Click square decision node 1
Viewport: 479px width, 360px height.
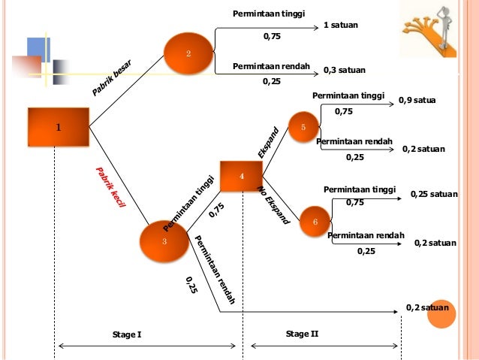(x=58, y=127)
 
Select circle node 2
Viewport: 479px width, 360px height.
(x=188, y=53)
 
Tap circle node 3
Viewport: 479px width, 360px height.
(x=164, y=241)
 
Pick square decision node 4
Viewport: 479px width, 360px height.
(x=241, y=176)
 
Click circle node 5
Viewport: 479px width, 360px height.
(x=303, y=128)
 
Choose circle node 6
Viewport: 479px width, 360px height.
(x=315, y=222)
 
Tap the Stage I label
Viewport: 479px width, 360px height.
(x=126, y=333)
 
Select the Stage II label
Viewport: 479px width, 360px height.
(x=302, y=332)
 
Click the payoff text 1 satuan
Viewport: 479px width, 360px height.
(x=340, y=26)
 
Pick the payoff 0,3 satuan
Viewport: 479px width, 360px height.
(x=344, y=70)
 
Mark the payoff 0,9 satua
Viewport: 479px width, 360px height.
(x=417, y=100)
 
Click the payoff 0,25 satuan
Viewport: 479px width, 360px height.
(x=433, y=194)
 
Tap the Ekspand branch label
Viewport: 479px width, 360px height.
(x=268, y=143)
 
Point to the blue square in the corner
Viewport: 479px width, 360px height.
(x=38, y=48)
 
